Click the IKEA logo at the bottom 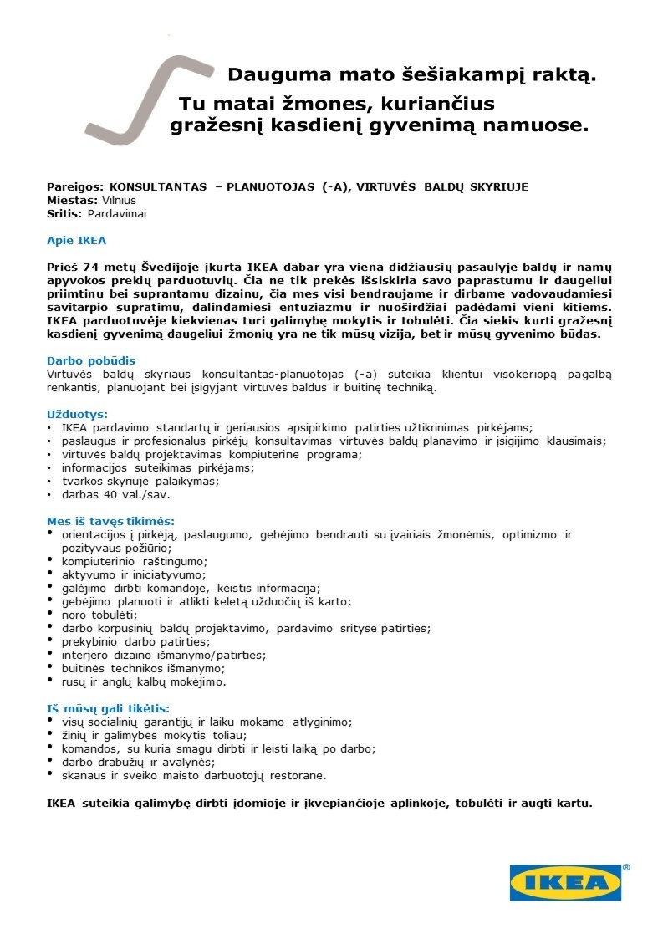point(566,882)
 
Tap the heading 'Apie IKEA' point(76,241)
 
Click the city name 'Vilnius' point(119,201)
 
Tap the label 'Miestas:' point(73,201)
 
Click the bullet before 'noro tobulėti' point(53,613)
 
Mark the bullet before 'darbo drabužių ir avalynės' point(53,760)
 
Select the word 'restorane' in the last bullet point(298,775)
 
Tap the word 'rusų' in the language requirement point(74,681)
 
